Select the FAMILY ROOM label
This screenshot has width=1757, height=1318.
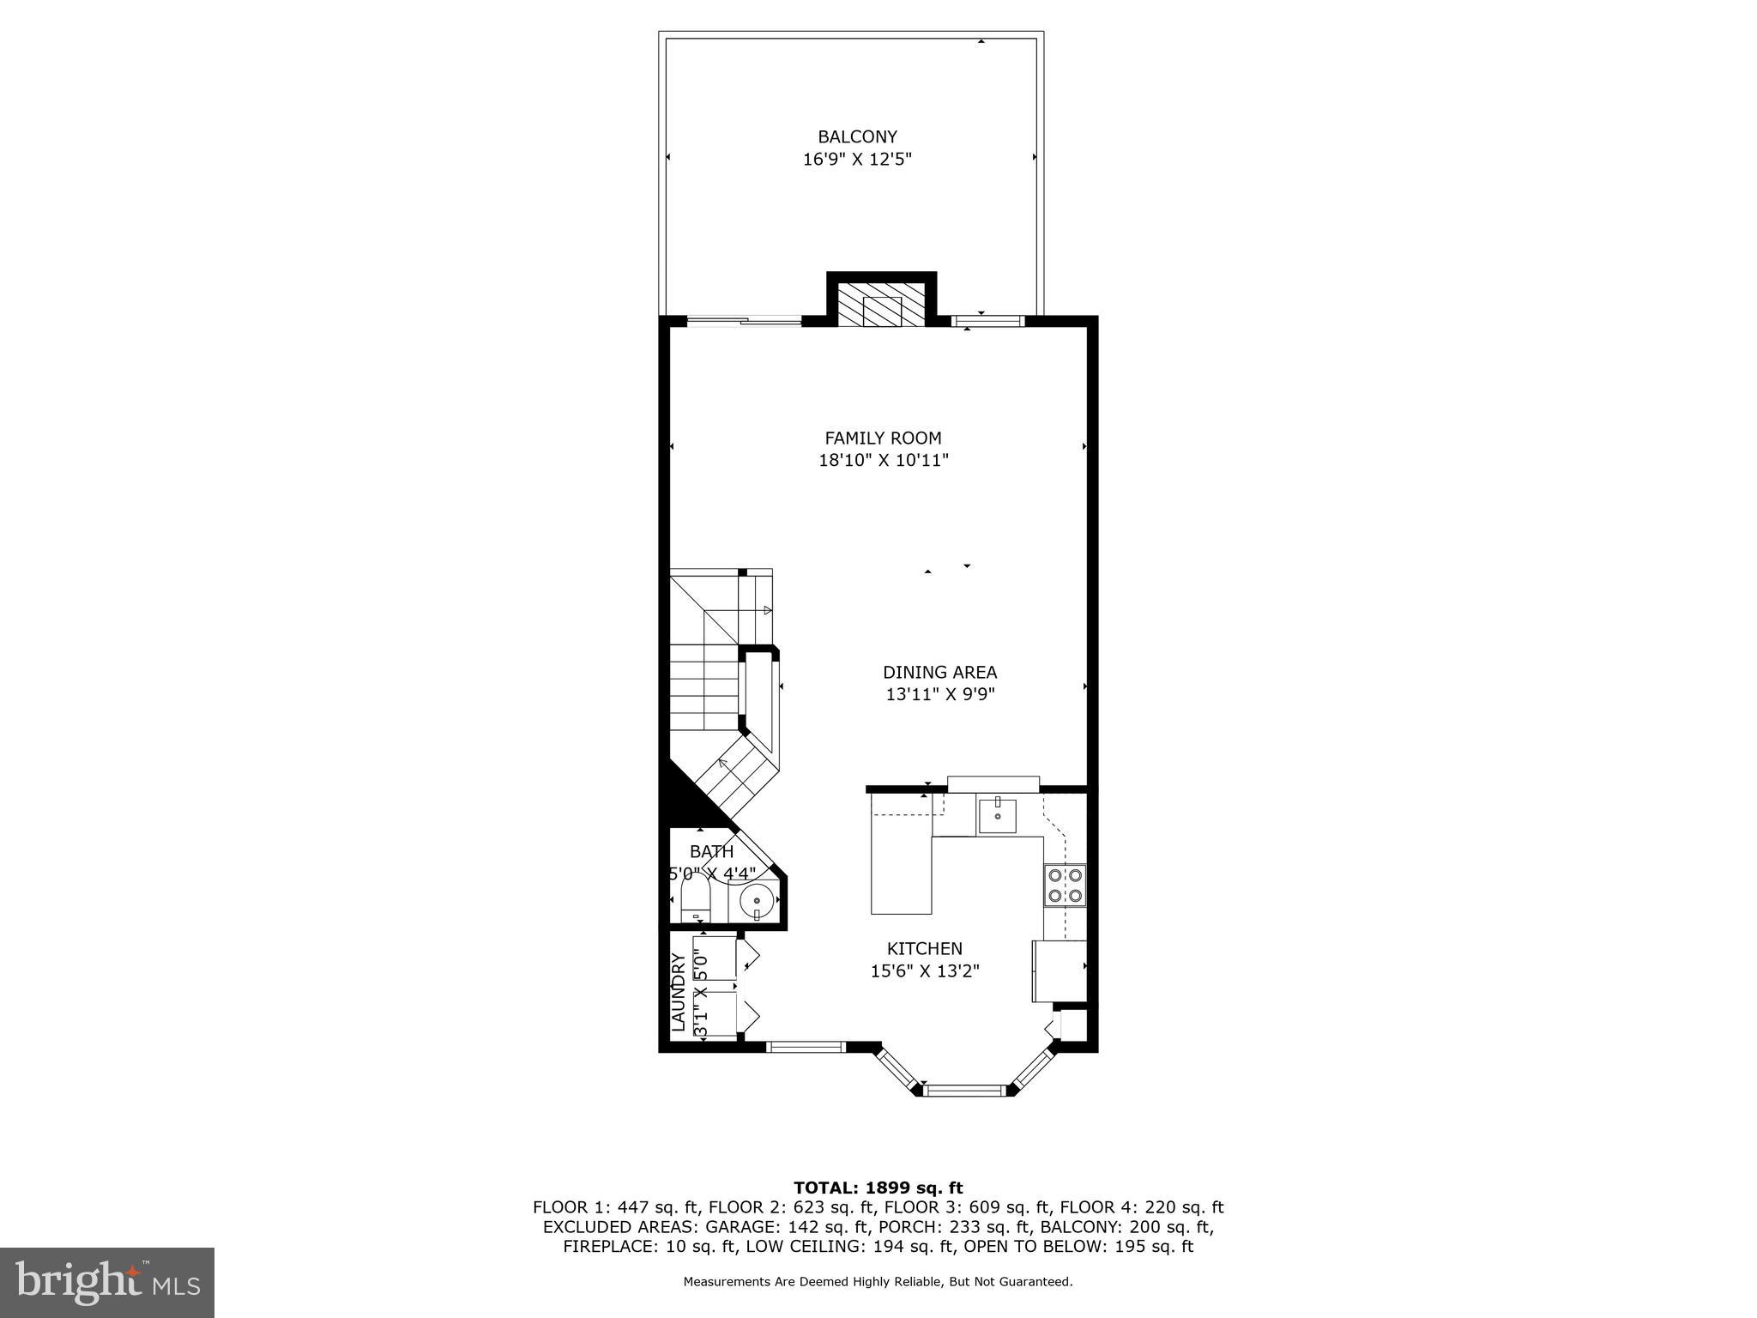[883, 438]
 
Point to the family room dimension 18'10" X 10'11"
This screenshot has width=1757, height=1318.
[883, 460]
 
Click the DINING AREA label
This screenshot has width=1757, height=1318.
[939, 672]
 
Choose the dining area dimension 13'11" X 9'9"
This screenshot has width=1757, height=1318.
[939, 694]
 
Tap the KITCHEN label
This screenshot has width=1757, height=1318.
[924, 948]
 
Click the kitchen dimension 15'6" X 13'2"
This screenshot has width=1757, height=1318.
[924, 970]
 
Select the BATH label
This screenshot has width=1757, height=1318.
[711, 852]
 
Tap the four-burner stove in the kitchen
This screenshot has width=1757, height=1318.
[1065, 886]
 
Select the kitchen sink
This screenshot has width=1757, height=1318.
[997, 816]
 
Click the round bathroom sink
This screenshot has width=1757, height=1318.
[757, 902]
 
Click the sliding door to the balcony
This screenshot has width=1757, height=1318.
[744, 321]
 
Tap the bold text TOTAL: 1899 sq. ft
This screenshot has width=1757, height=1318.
[878, 1188]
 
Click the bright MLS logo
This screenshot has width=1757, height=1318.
[106, 1282]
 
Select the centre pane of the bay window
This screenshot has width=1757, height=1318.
[963, 1091]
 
